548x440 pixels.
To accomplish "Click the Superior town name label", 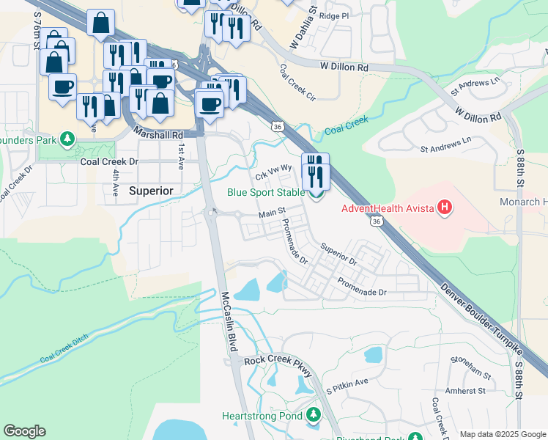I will [x=151, y=190].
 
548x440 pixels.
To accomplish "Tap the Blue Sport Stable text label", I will [x=265, y=193].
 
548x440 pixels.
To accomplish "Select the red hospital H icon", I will [x=444, y=208].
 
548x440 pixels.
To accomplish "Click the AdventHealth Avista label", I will [x=388, y=208].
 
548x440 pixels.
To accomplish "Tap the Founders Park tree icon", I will [x=67, y=138].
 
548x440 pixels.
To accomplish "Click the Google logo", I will [x=24, y=431].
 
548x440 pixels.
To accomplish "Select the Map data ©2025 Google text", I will [x=502, y=435].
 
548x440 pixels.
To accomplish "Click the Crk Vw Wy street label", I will [x=273, y=173].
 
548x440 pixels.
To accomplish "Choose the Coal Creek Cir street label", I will [x=297, y=82].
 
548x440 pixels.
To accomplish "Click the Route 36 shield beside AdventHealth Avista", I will [x=376, y=220].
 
